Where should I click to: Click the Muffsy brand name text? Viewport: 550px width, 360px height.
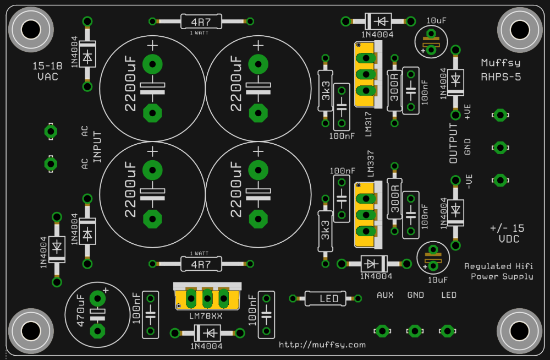[x=501, y=63]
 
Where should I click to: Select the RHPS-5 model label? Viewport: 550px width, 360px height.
[x=501, y=77]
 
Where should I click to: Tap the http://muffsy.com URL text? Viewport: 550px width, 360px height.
[x=322, y=345]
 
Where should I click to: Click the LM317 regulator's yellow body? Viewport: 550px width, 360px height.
[x=365, y=74]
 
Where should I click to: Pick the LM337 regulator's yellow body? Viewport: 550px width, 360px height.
[x=365, y=214]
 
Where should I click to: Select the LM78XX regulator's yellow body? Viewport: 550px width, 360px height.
[x=207, y=299]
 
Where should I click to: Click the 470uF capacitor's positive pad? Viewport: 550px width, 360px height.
[x=97, y=299]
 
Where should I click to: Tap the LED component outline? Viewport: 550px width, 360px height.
[x=326, y=298]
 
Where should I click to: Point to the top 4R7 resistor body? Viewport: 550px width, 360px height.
[x=201, y=22]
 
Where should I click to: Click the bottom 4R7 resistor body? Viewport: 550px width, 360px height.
[x=201, y=264]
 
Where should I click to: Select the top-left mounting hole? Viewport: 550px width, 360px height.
[x=31, y=30]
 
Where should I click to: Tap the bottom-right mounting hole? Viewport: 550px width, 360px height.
[x=520, y=331]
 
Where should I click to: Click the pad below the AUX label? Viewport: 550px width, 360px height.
[x=382, y=331]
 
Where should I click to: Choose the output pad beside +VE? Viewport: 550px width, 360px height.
[x=500, y=115]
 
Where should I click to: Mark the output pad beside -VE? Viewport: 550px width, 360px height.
[x=500, y=181]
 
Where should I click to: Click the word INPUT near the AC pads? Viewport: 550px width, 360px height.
[x=97, y=147]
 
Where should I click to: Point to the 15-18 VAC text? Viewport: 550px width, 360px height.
[x=48, y=72]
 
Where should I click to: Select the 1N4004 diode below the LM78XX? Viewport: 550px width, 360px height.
[x=207, y=333]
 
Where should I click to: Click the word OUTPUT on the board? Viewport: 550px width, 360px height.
[x=454, y=143]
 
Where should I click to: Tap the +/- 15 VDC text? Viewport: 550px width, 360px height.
[x=508, y=233]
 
